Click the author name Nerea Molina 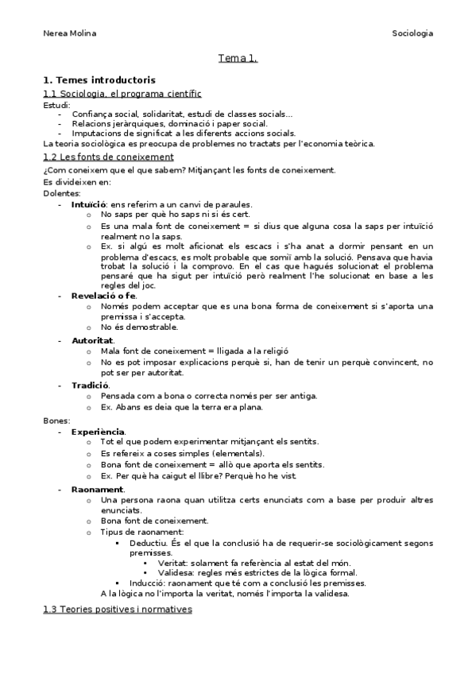(x=69, y=33)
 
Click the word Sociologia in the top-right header (x=412, y=33)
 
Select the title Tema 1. (x=238, y=58)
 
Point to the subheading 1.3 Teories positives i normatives (x=117, y=609)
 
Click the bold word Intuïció (x=89, y=204)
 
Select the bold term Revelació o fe (x=103, y=295)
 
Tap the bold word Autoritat (x=93, y=339)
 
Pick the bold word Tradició (x=90, y=385)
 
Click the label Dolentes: (x=61, y=193)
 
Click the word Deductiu (x=148, y=543)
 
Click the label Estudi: (x=56, y=104)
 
